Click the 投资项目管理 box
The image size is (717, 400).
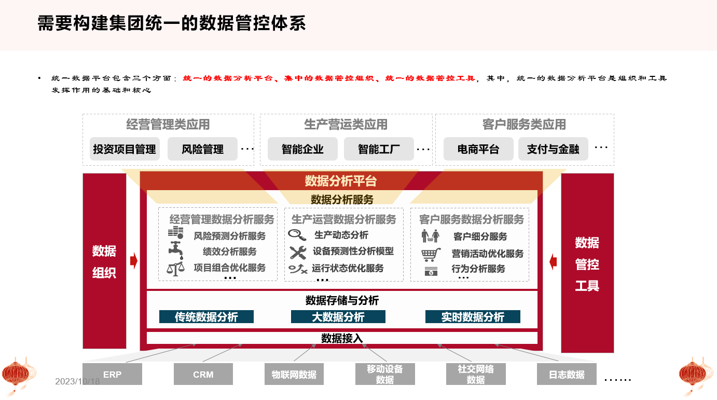[125, 149]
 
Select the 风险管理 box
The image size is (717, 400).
[202, 149]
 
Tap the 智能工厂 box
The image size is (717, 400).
[379, 149]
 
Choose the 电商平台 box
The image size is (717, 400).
[478, 149]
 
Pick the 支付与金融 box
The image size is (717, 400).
[553, 149]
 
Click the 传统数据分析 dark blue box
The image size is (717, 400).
[206, 317]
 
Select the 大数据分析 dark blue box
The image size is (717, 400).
[338, 317]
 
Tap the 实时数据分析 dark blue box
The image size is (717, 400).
[473, 317]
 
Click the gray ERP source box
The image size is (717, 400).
[112, 374]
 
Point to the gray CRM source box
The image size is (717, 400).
[203, 374]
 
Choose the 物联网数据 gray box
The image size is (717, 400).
[294, 374]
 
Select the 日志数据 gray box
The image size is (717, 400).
[567, 374]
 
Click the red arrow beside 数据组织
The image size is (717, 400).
[134, 261]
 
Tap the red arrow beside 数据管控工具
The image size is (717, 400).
[553, 261]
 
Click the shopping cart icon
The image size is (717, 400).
[431, 255]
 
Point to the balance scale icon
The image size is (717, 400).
[175, 269]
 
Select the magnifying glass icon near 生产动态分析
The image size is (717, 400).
[297, 235]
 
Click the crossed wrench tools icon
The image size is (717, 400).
[298, 252]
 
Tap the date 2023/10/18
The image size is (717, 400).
[77, 381]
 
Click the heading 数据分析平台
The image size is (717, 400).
[340, 181]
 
